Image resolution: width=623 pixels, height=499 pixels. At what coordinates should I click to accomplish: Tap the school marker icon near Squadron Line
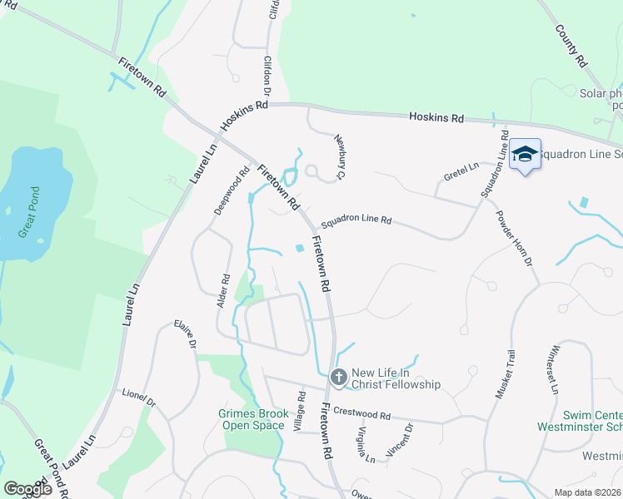pyautogui.click(x=526, y=155)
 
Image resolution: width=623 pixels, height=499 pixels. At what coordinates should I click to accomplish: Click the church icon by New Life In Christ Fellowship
pyautogui.click(x=338, y=378)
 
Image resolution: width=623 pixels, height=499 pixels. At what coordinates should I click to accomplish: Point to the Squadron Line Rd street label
pyautogui.click(x=356, y=220)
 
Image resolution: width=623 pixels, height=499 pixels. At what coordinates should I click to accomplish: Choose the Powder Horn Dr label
pyautogui.click(x=514, y=238)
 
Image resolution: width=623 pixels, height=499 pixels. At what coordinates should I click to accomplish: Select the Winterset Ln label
pyautogui.click(x=556, y=368)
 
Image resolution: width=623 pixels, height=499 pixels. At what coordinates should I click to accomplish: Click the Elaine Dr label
pyautogui.click(x=185, y=334)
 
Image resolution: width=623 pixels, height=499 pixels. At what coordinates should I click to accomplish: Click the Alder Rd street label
pyautogui.click(x=223, y=292)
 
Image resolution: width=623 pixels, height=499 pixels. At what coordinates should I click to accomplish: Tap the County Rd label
pyautogui.click(x=571, y=45)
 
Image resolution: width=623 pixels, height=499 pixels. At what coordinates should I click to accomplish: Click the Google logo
pyautogui.click(x=27, y=490)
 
